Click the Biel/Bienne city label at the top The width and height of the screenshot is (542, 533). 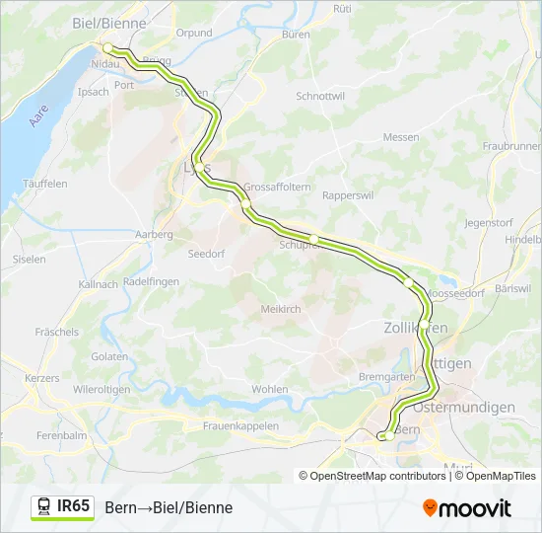tap(109, 22)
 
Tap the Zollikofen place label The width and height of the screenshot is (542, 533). tap(415, 327)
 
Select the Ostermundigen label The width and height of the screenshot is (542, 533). tap(464, 407)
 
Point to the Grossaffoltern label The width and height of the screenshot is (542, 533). tap(277, 187)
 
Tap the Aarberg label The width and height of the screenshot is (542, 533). tap(155, 235)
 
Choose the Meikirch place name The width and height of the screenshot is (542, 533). tap(280, 309)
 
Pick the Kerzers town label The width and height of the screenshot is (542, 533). tap(42, 379)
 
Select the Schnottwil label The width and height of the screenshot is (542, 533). tap(320, 97)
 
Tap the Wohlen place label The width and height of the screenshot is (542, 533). tap(270, 389)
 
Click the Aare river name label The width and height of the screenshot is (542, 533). tap(38, 115)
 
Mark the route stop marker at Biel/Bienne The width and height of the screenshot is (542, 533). tap(108, 47)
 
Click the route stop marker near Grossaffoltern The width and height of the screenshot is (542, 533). tap(245, 204)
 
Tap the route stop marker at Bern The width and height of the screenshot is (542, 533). tap(389, 434)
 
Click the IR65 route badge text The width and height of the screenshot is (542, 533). tap(74, 506)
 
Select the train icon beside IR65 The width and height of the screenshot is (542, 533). tap(44, 506)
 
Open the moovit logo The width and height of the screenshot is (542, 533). tap(466, 508)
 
